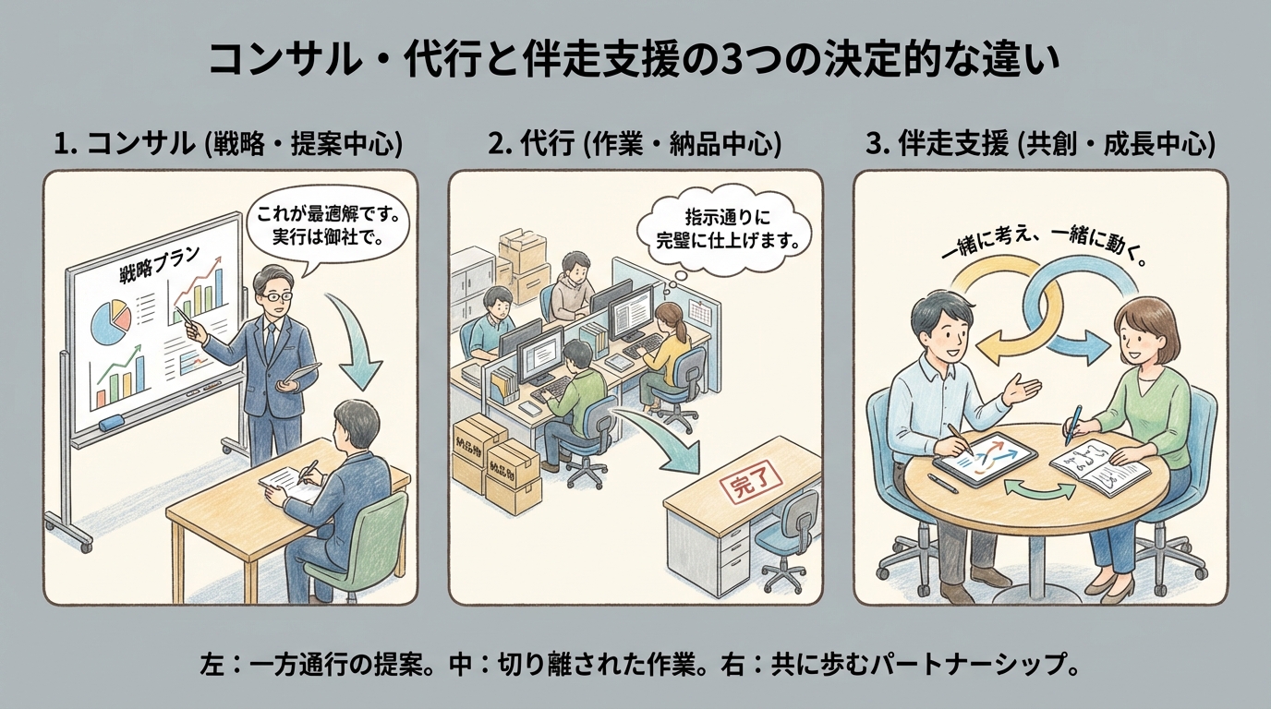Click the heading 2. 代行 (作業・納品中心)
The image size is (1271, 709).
[635, 145]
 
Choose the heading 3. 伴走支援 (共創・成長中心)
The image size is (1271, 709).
[1040, 145]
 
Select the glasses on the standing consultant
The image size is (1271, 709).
[274, 296]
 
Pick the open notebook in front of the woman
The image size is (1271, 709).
[1099, 462]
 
